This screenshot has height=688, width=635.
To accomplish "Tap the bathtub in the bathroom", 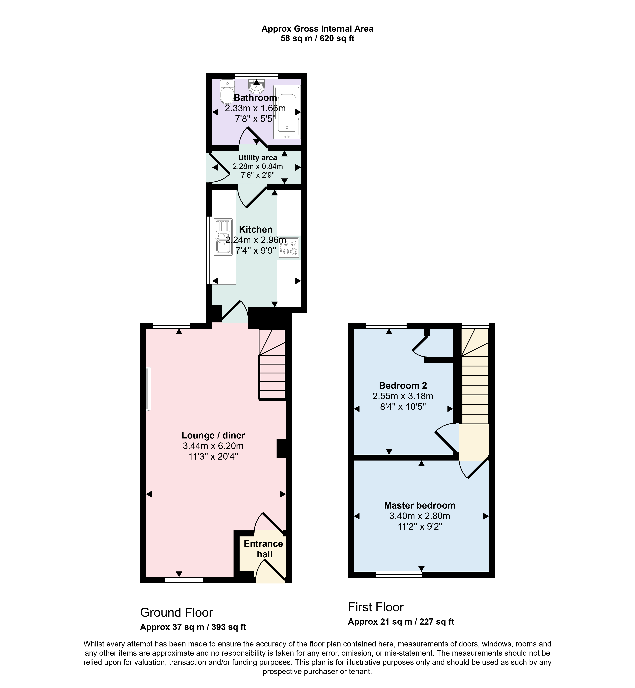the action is click(x=287, y=112).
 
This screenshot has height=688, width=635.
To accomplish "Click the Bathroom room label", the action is click(x=255, y=98).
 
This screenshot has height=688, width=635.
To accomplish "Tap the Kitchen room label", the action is click(x=256, y=229).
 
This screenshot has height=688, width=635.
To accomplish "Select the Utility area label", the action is click(x=258, y=158).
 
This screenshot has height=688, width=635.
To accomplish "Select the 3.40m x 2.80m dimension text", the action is click(x=420, y=516).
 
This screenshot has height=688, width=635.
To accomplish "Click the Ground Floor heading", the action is click(x=177, y=613).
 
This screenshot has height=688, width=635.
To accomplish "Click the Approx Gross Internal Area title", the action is click(x=317, y=29).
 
